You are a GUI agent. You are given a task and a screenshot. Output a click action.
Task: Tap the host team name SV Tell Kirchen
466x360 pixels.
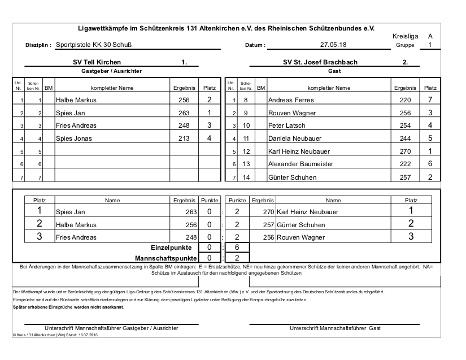[x=93, y=63]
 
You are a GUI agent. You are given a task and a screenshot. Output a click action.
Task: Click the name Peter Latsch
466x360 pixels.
[x=286, y=125]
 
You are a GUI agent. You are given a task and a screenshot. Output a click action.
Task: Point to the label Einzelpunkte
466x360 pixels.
[x=172, y=248]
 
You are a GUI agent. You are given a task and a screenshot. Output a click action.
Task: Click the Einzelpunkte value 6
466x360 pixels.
[x=237, y=248]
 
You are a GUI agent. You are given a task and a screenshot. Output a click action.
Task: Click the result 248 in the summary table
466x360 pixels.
[x=190, y=237]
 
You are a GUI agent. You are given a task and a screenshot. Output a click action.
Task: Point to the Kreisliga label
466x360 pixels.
[x=405, y=36]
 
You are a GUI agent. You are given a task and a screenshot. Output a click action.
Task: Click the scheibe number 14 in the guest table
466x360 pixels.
[x=246, y=177]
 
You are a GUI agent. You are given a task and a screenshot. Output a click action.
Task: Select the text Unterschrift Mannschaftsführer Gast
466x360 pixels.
[x=336, y=328]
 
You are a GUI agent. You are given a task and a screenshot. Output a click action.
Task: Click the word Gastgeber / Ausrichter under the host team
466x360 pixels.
[x=107, y=71]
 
